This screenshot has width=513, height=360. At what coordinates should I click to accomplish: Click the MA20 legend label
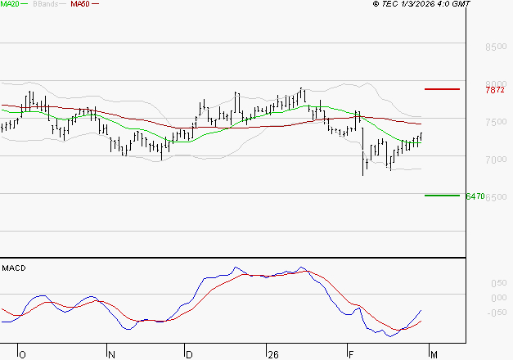(x=10, y=4)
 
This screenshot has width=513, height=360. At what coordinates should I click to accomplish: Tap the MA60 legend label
(x=80, y=4)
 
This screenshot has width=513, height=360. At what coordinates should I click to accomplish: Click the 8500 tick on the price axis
(x=496, y=47)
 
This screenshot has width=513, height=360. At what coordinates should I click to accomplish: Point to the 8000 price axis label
(x=496, y=84)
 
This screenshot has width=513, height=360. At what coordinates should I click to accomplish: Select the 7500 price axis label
(x=496, y=122)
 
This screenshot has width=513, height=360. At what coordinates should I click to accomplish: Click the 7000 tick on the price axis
(x=496, y=160)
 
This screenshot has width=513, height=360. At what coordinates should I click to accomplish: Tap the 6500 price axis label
(x=496, y=197)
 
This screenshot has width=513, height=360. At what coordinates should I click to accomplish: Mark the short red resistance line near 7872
(x=442, y=88)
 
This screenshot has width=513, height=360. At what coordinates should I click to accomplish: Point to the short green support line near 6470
(x=442, y=196)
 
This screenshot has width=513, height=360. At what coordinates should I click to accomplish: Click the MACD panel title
(x=12, y=268)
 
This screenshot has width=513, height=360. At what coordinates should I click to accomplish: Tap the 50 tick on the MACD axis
(x=497, y=282)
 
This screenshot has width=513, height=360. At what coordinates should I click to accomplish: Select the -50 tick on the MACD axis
(x=496, y=312)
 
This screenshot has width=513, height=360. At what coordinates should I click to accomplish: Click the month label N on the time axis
(x=111, y=354)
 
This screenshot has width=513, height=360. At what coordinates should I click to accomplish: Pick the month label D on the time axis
(x=188, y=354)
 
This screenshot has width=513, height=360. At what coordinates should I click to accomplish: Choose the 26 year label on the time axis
(x=272, y=354)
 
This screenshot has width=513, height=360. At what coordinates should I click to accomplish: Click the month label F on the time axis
(x=351, y=354)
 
